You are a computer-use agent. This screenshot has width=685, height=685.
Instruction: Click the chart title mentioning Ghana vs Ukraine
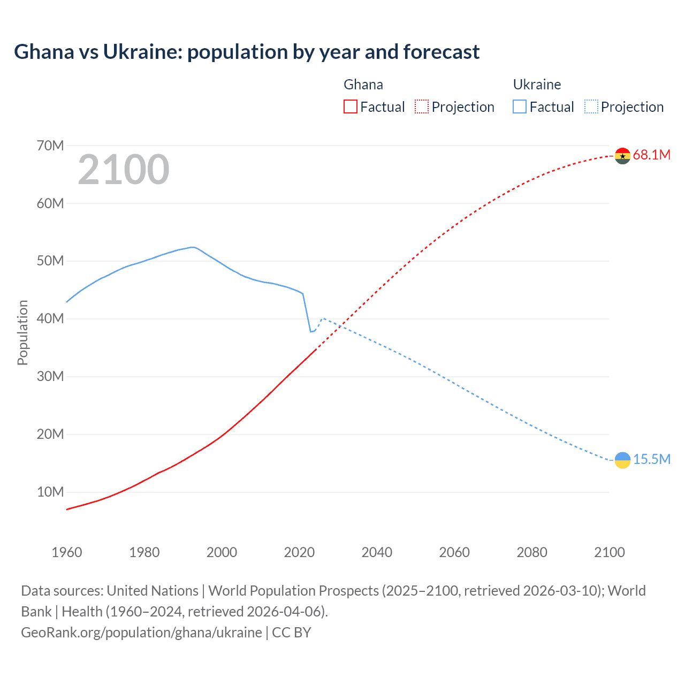click(x=247, y=52)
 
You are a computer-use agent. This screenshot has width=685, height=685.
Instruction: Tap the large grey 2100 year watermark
click(x=124, y=170)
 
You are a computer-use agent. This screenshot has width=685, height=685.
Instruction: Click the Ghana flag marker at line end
click(x=622, y=156)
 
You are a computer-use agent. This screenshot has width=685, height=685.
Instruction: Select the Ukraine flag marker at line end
click(x=622, y=460)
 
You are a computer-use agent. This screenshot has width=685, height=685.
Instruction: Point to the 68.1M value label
click(x=651, y=155)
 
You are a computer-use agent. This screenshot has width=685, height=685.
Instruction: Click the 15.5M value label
click(x=651, y=460)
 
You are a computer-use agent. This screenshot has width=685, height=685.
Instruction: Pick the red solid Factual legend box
click(x=350, y=107)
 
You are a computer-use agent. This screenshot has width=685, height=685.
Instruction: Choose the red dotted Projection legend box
click(x=422, y=107)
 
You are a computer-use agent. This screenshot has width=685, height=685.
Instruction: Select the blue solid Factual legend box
click(x=519, y=107)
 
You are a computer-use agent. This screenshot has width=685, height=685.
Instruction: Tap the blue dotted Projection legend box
click(x=591, y=107)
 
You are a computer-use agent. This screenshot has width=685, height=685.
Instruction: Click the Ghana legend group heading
click(x=363, y=85)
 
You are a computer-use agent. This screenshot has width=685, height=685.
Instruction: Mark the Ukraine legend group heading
click(x=537, y=85)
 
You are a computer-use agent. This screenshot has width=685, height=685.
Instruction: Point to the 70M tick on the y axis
click(x=50, y=146)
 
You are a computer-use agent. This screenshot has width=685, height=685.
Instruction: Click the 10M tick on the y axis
click(x=50, y=492)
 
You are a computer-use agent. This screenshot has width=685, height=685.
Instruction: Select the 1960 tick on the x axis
click(x=67, y=552)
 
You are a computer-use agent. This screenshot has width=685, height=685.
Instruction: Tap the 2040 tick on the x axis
click(x=377, y=552)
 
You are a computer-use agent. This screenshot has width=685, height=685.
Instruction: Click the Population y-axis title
click(x=22, y=332)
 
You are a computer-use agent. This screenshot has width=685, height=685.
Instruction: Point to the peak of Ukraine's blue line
click(x=193, y=247)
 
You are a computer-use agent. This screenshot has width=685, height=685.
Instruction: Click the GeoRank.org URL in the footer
click(x=141, y=633)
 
